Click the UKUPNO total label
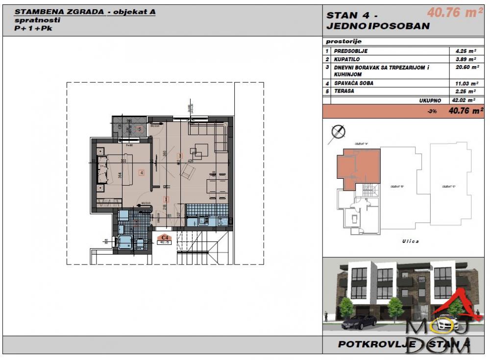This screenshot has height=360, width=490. coord(430,100)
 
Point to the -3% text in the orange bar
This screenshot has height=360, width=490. coord(432,111)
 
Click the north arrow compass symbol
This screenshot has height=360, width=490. coord(338,131)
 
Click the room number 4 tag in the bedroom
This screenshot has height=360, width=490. coord(141,172)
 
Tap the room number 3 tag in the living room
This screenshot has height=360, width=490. coord(179,156)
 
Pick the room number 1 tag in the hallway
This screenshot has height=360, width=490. coord(167,199)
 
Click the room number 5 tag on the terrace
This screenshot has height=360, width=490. coord(139,129)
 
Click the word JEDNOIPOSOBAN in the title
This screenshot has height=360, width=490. coord(378,26)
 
